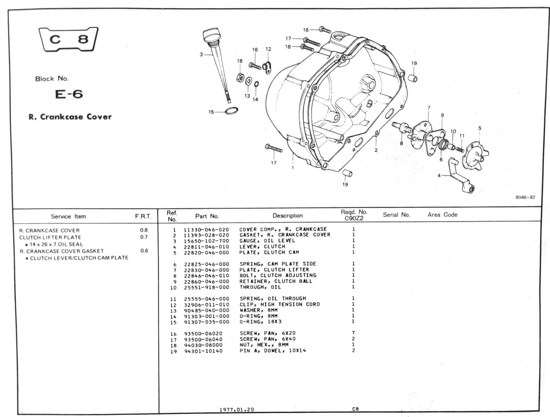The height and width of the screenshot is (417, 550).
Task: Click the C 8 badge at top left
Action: click(x=69, y=39)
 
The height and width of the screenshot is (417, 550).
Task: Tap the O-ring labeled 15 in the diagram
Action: click(x=231, y=111)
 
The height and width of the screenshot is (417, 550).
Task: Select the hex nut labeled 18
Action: click(x=240, y=78)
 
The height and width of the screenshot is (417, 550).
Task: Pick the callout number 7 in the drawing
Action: click(x=429, y=108)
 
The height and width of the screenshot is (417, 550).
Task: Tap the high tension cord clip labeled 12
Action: click(x=267, y=66)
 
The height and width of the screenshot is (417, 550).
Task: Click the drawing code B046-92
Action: click(x=525, y=197)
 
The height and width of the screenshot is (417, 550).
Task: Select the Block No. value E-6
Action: click(x=69, y=94)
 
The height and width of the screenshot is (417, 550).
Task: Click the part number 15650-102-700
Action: click(x=206, y=241)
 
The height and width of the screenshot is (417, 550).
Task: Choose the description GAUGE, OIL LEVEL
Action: click(x=267, y=241)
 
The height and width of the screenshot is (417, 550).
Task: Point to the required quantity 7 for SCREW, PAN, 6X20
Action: click(x=353, y=333)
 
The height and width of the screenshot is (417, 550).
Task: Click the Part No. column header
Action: click(x=207, y=216)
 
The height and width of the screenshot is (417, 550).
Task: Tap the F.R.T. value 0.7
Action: click(x=144, y=237)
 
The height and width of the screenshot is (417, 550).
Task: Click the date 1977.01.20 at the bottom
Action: click(x=237, y=409)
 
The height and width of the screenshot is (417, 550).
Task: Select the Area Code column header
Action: click(x=442, y=215)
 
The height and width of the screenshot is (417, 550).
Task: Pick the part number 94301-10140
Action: click(x=203, y=351)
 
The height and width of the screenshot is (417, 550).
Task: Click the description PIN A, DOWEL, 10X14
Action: click(x=273, y=351)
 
